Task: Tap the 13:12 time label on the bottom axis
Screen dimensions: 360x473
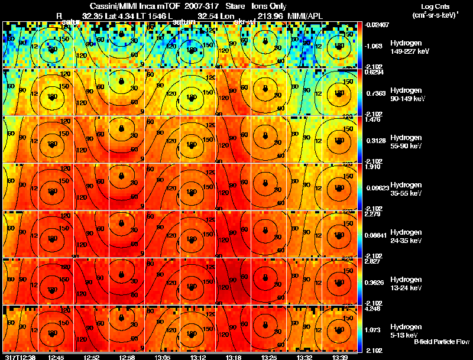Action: pyautogui.click(x=197, y=356)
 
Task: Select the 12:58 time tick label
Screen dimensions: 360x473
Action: pyautogui.click(x=127, y=356)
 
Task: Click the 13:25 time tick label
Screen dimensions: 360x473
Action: pyautogui.click(x=268, y=356)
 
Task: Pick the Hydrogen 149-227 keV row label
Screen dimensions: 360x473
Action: pyautogui.click(x=405, y=48)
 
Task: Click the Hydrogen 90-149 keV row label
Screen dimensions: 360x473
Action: pyautogui.click(x=405, y=94)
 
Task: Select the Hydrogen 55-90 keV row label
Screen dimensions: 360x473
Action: pyautogui.click(x=405, y=141)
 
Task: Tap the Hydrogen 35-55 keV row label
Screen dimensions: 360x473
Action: pyautogui.click(x=405, y=189)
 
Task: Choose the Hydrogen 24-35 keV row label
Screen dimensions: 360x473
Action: pyautogui.click(x=405, y=236)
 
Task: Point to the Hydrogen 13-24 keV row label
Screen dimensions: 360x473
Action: pyautogui.click(x=405, y=283)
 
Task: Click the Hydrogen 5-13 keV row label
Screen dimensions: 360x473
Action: pyautogui.click(x=405, y=330)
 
